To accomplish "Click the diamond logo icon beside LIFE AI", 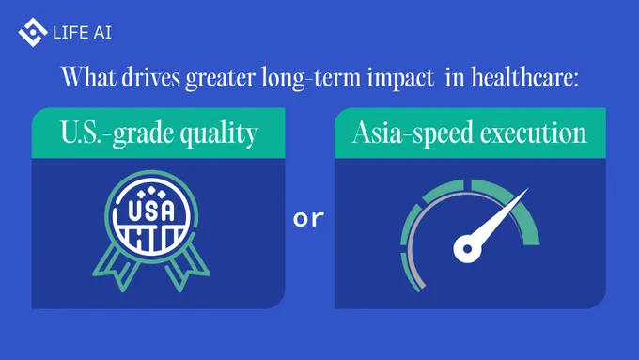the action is pyautogui.click(x=33, y=32).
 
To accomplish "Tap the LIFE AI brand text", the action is pyautogui.click(x=82, y=33).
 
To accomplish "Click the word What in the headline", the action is pyautogui.click(x=88, y=77).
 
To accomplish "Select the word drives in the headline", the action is pyautogui.click(x=150, y=77).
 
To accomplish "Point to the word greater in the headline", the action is pyautogui.click(x=221, y=78).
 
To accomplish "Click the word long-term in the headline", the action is pyautogui.click(x=311, y=78).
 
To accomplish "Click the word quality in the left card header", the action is pyautogui.click(x=219, y=133).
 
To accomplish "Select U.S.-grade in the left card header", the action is pyautogui.click(x=117, y=133).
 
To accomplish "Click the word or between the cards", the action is pyautogui.click(x=308, y=218).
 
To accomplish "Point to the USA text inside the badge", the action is pyautogui.click(x=151, y=211).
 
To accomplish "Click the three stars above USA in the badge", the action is pyautogui.click(x=151, y=192).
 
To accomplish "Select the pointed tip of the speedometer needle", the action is pyautogui.click(x=528, y=188).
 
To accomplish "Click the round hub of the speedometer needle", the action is pyautogui.click(x=467, y=248).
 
